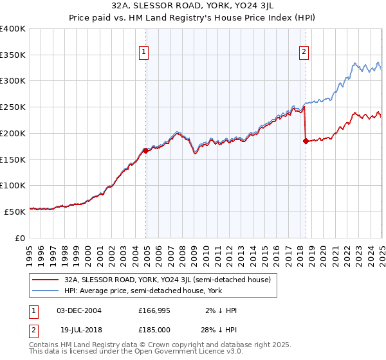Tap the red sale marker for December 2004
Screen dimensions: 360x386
[x=146, y=151]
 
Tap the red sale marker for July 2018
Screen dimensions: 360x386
[x=306, y=141]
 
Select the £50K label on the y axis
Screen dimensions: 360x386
[x=15, y=212]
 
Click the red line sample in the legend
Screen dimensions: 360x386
[x=45, y=280]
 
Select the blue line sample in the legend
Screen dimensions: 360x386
[x=45, y=291]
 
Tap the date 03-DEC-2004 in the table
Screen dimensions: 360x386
[x=79, y=310]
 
